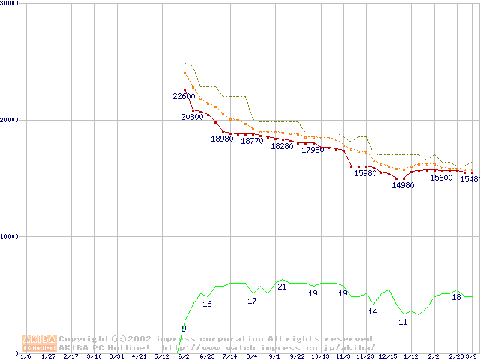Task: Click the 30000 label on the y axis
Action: [10, 3]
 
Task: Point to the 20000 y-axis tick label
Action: [10, 120]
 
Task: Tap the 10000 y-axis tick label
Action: [10, 236]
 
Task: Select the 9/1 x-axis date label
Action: [275, 356]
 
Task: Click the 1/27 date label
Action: [49, 356]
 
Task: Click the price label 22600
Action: [184, 96]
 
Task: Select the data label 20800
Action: [192, 118]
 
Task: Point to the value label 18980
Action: [222, 139]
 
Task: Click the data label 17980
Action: [313, 150]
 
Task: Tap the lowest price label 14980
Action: [403, 185]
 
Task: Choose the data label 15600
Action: [441, 178]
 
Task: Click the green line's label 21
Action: [282, 286]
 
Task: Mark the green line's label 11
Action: [403, 322]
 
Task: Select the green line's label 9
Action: [184, 328]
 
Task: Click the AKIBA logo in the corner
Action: [39, 343]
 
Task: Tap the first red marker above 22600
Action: [184, 89]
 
